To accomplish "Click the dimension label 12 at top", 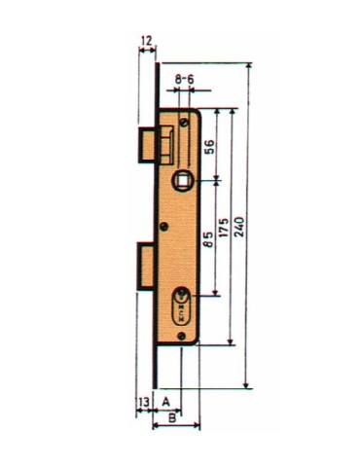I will coord(146,41).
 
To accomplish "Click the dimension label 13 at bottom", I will coord(143,400).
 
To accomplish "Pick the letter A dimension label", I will coord(166,400).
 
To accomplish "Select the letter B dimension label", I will coord(171,418).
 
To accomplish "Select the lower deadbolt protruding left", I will coord(146,266).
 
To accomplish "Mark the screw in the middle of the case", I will coord(170,229).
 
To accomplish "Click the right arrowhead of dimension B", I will coord(198,426).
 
